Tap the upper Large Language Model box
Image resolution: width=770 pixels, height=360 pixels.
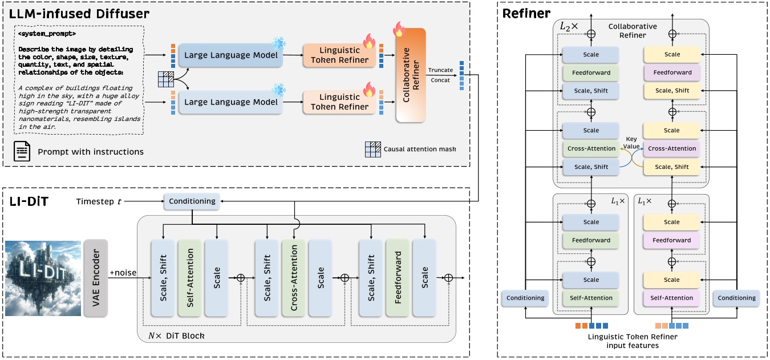232,55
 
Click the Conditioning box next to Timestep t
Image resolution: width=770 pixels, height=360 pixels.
192,201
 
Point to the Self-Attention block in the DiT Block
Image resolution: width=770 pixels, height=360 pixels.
190,277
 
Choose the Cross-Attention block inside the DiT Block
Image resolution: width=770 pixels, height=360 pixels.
294,277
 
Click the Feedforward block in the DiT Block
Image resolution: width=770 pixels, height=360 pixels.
398,277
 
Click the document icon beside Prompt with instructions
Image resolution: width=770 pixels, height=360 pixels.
22,152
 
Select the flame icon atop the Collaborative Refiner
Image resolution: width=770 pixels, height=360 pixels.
399,28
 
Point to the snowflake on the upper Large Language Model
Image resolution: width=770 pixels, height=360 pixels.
279,43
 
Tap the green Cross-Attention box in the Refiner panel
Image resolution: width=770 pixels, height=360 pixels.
591,148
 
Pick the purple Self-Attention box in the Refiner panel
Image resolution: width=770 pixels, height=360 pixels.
672,298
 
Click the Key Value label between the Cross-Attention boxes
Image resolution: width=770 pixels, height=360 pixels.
631,143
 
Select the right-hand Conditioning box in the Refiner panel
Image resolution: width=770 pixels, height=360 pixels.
736,298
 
